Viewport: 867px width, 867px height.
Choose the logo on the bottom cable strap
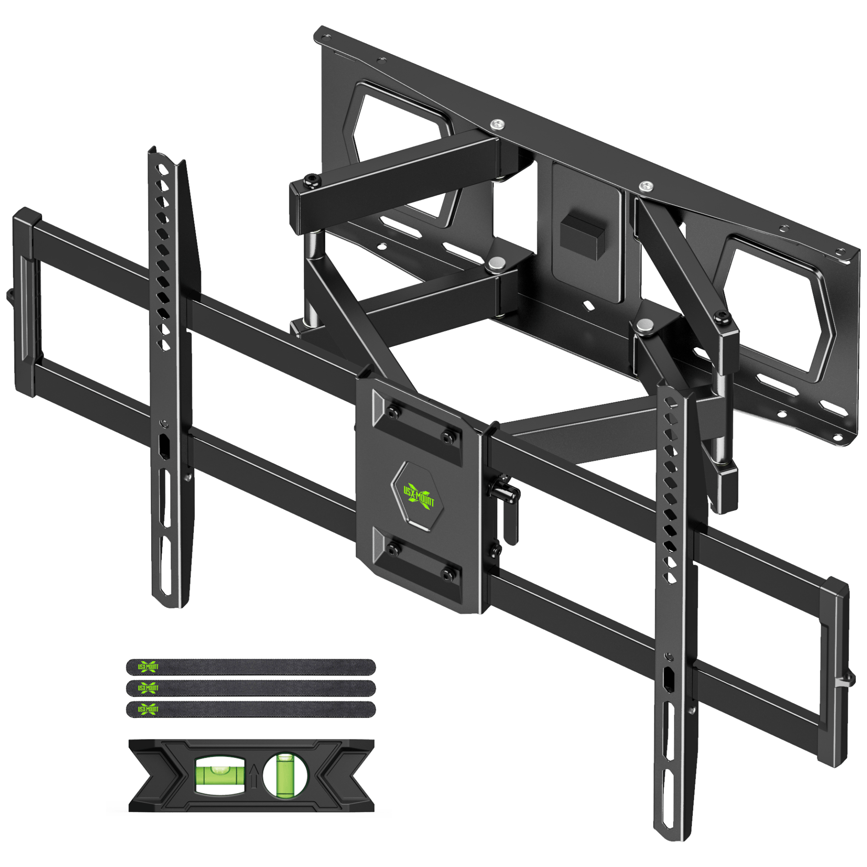pyautogui.click(x=148, y=709)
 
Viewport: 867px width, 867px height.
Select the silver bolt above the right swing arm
pyautogui.click(x=646, y=186)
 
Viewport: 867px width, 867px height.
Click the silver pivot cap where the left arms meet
pyautogui.click(x=497, y=263)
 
